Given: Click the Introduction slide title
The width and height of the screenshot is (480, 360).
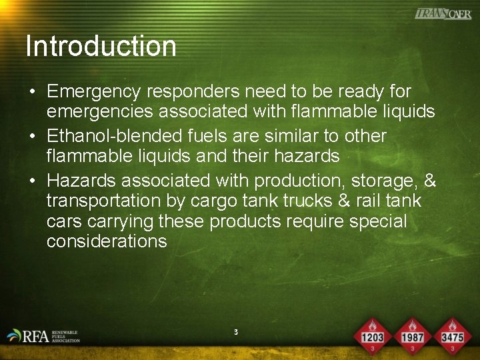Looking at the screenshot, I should tap(101, 47).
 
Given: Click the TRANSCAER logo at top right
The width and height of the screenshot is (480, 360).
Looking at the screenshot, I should tap(443, 14).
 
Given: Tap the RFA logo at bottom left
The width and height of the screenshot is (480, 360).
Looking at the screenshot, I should tap(43, 336).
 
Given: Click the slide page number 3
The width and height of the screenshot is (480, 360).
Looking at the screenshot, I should tap(236, 331).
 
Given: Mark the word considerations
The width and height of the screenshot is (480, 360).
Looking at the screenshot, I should tap(107, 241).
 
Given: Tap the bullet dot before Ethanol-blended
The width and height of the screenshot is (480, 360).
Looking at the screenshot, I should tap(31, 137).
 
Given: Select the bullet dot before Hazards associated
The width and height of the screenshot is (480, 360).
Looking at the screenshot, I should tap(31, 181).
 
